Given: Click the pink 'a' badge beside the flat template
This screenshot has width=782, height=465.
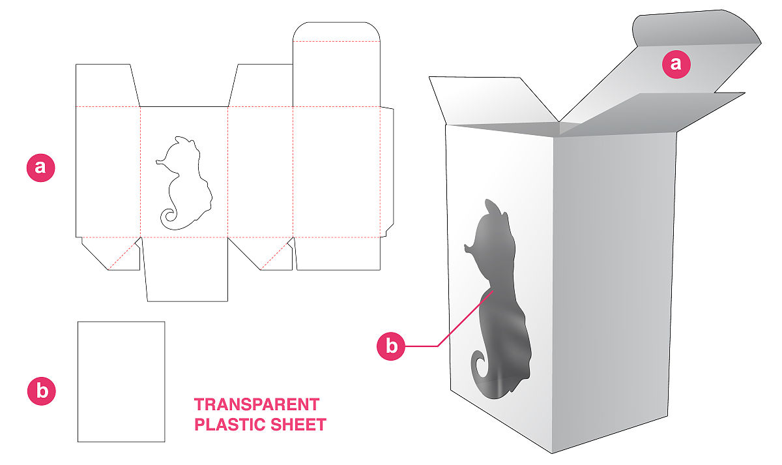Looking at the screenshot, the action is click(40, 168).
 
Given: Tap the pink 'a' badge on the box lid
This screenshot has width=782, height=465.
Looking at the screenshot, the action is click(676, 64).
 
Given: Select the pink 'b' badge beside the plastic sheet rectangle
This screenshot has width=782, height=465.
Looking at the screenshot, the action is click(42, 391).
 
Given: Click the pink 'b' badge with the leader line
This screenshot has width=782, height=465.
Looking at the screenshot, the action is click(391, 346).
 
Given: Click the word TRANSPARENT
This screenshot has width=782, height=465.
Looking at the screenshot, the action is click(257, 404).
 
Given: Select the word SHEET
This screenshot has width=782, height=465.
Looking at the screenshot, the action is click(298, 425).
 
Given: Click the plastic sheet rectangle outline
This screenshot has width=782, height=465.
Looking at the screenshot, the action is click(78, 382).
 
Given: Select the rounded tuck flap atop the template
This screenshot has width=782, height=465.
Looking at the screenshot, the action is click(336, 31).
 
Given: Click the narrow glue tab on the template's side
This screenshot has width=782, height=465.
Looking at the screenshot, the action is click(387, 171).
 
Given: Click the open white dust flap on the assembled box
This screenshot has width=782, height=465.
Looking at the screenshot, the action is click(492, 100).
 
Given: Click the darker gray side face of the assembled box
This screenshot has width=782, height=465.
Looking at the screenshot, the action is click(613, 290).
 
